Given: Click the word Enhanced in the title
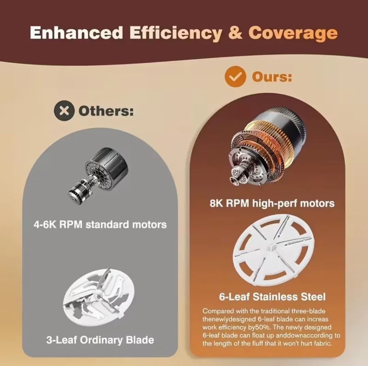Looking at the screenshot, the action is click(x=76, y=32).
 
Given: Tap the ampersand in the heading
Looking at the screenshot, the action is click(x=235, y=32).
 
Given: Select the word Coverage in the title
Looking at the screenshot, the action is click(x=293, y=34).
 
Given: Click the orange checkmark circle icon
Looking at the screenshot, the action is click(x=235, y=77).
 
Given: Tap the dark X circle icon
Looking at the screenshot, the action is click(x=64, y=110).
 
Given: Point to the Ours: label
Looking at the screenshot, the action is click(x=272, y=77).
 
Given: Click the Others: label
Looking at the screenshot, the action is click(x=106, y=111).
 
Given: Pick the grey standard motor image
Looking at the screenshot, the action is click(x=98, y=175).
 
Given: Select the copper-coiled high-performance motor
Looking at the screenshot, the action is click(x=267, y=147).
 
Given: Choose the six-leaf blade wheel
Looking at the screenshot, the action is click(x=273, y=250).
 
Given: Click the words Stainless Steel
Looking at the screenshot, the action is click(x=289, y=297).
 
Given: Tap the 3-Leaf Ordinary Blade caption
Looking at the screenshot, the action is click(x=100, y=340).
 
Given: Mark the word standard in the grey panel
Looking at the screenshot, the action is click(x=107, y=225).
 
